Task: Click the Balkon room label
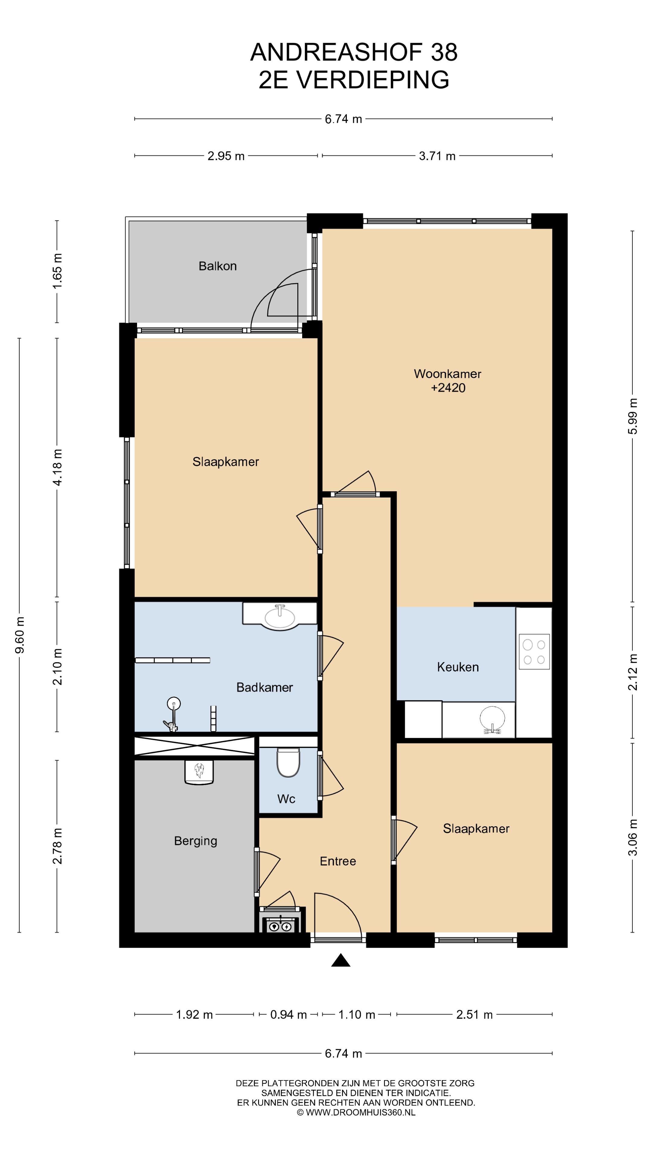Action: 217,266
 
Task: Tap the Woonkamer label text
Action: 447,374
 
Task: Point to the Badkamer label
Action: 265,687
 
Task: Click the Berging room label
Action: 195,841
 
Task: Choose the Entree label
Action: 338,861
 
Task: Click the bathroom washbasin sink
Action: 280,616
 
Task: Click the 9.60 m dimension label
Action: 20,635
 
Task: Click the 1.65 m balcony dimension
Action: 58,271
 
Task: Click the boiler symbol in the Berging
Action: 199,771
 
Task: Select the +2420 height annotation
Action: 448,388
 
